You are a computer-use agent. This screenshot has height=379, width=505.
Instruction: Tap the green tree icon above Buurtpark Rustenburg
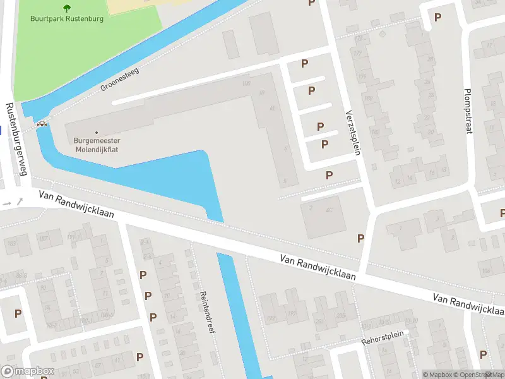(67, 8)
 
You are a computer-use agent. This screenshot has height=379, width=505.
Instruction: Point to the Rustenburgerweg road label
(17, 140)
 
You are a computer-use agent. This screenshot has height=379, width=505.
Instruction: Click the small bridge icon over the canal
(42, 124)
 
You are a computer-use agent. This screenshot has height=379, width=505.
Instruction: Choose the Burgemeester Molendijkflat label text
(96, 145)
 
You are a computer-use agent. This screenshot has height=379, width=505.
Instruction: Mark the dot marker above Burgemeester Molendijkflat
(96, 133)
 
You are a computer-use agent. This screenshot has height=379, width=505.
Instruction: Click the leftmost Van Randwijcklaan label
(76, 205)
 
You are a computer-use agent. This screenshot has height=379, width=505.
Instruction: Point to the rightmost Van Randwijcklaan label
(468, 304)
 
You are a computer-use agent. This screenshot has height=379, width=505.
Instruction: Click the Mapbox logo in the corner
(27, 371)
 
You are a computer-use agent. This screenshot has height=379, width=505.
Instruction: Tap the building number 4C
(328, 209)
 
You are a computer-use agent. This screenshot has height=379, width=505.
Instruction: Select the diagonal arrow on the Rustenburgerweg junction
(20, 202)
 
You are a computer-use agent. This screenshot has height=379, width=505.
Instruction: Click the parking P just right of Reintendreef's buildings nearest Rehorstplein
(483, 354)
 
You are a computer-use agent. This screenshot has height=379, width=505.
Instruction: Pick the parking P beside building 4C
(361, 238)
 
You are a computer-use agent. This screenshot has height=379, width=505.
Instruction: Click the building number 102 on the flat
(246, 83)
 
